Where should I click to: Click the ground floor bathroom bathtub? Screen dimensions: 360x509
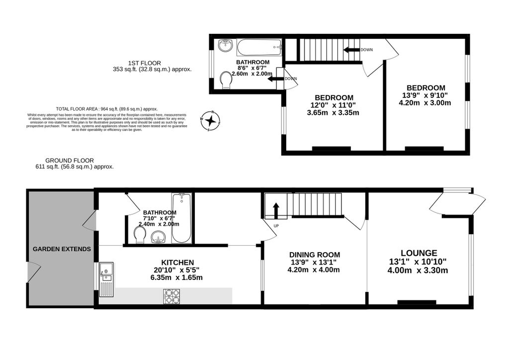181,219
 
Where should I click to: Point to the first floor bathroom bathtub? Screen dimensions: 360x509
259,49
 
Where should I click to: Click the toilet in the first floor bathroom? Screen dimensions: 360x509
227,79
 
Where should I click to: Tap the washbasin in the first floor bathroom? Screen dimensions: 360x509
225,46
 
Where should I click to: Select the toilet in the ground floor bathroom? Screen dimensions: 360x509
140,235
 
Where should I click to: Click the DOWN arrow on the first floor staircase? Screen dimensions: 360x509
351,50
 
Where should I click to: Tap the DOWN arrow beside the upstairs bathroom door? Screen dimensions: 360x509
275,79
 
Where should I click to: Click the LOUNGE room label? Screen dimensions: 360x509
419,253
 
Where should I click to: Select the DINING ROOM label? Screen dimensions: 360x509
314,255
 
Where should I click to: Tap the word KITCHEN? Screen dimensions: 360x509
177,262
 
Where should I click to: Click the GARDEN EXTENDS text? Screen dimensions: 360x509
62,249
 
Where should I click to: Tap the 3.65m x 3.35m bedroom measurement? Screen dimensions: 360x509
334,113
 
